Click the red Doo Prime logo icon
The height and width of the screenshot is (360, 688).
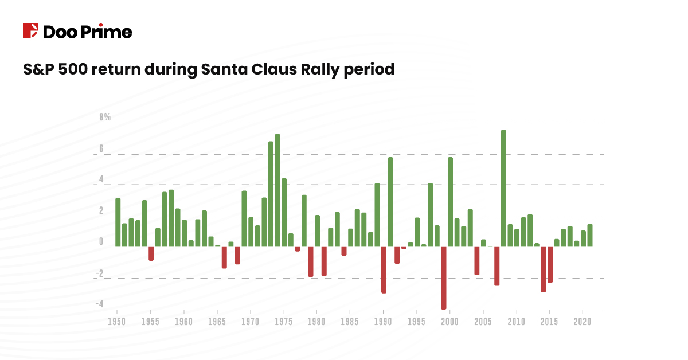point(30,31)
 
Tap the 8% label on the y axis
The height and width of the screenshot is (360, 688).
point(104,118)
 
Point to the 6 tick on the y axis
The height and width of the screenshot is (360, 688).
point(101,148)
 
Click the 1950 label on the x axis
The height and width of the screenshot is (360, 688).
point(118,321)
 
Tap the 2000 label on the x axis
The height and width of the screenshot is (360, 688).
point(450,321)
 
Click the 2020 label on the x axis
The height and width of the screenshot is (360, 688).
point(583,321)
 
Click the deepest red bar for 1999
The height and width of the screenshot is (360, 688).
point(443,277)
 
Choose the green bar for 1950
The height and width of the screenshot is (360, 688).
point(118,222)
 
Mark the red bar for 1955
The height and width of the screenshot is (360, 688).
point(151,253)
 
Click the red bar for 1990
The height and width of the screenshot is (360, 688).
point(384,269)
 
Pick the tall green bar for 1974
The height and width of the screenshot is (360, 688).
point(277,190)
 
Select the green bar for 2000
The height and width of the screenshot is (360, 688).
point(450,202)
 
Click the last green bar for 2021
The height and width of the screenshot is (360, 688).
point(589,235)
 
